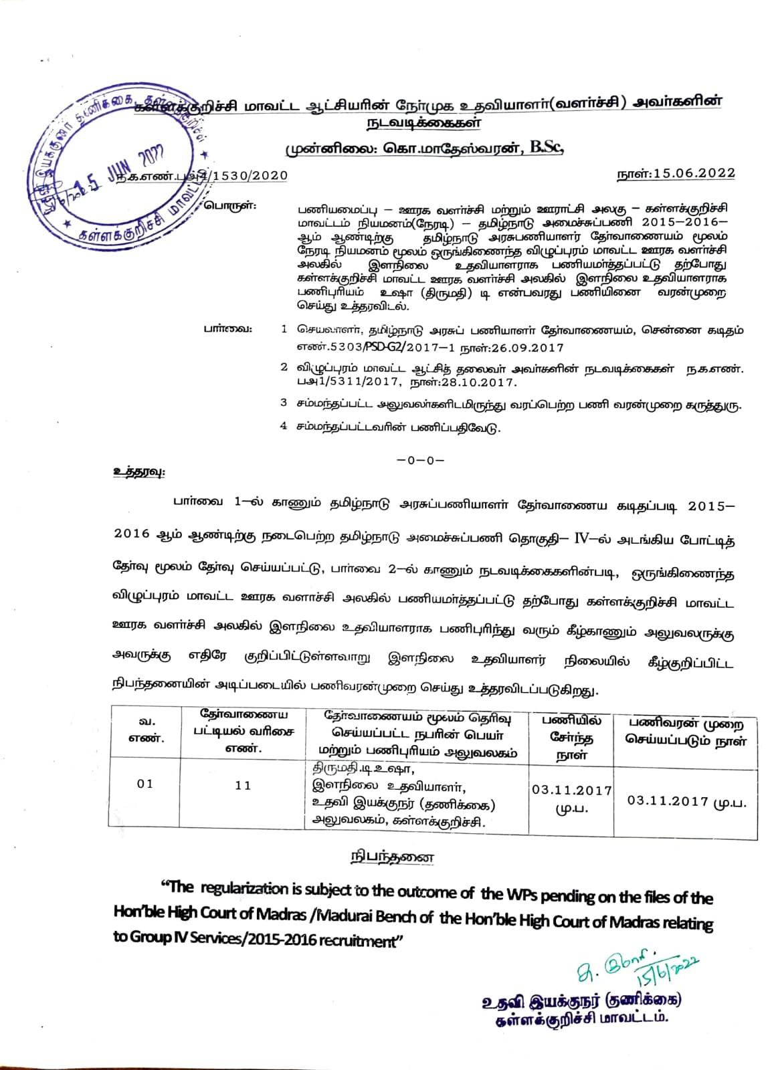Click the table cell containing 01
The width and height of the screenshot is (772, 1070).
[145, 783]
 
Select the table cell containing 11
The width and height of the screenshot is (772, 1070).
[243, 785]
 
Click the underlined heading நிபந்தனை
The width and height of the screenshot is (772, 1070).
[393, 857]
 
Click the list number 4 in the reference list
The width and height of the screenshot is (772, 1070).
[284, 426]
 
